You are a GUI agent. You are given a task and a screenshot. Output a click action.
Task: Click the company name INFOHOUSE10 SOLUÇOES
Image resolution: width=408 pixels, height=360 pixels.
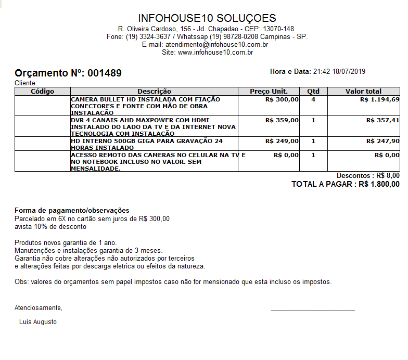click(x=207, y=18)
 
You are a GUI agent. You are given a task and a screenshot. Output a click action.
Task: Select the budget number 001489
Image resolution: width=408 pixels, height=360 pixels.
click(x=105, y=73)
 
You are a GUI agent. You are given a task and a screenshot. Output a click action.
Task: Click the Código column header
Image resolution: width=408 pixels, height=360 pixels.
click(x=43, y=92)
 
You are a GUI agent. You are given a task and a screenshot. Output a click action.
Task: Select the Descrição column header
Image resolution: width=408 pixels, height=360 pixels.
click(x=154, y=92)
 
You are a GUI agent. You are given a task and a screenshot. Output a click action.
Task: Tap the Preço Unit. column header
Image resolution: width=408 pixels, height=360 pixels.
click(x=269, y=92)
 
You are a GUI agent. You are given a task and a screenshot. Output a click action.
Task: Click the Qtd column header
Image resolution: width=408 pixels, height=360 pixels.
click(x=313, y=92)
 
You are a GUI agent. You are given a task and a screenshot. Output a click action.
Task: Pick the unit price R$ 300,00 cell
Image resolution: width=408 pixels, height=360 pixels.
click(x=282, y=99)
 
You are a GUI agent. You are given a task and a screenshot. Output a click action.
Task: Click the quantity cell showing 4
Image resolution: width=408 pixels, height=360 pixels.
click(x=313, y=99)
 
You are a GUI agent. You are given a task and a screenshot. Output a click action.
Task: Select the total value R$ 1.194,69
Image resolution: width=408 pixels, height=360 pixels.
click(x=379, y=99)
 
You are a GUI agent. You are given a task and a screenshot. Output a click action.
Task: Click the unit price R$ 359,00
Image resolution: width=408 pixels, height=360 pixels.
click(x=282, y=120)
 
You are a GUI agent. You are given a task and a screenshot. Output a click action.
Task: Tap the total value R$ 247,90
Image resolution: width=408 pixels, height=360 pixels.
click(x=383, y=141)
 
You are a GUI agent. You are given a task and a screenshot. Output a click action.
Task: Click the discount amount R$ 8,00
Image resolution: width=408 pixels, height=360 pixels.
click(x=388, y=176)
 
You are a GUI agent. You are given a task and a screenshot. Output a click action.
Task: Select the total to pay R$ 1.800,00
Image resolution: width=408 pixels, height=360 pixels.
click(x=379, y=184)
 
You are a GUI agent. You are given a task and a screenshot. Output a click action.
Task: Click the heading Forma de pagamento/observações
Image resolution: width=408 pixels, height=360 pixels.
click(x=72, y=211)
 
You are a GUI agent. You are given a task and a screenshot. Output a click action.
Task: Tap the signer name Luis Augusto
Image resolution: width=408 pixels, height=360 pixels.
click(x=38, y=322)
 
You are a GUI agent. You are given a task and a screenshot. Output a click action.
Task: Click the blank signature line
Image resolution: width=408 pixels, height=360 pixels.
click(x=313, y=311)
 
